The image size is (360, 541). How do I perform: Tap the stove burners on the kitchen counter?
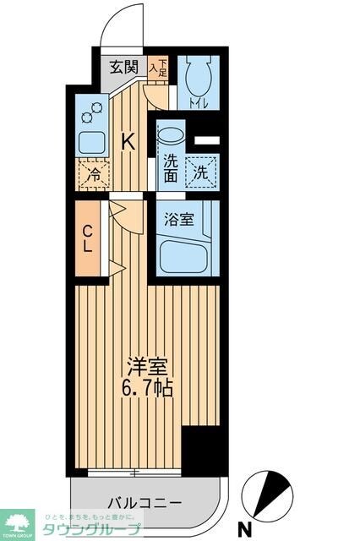[x=91, y=110]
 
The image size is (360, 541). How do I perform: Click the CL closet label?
[x=88, y=239]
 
